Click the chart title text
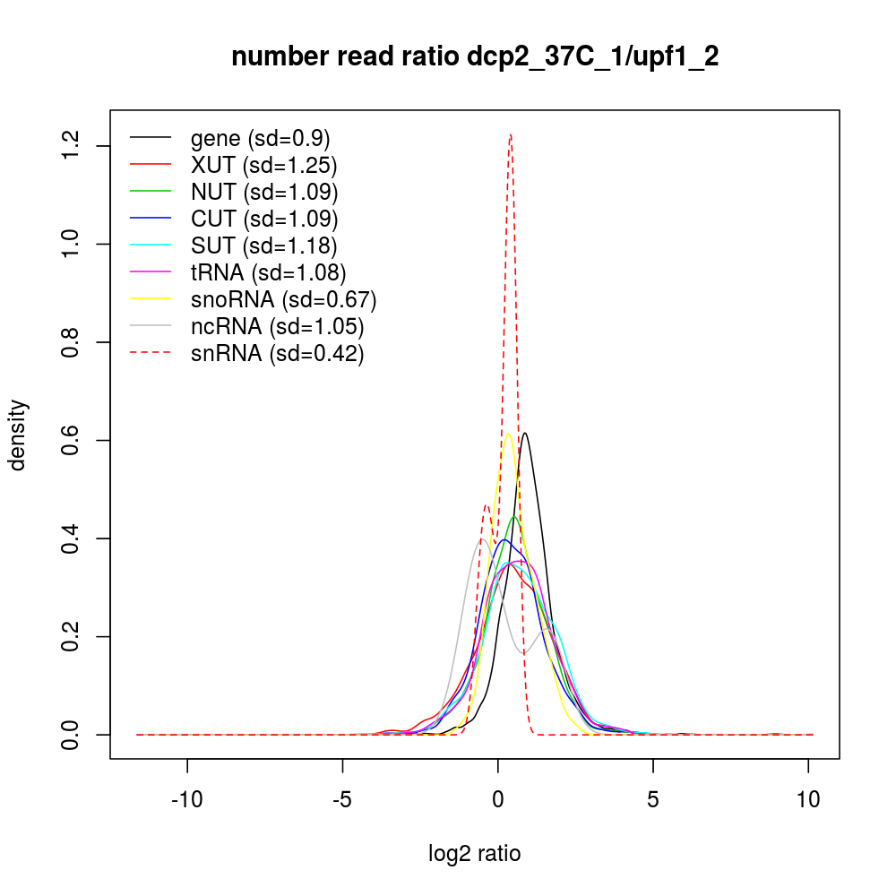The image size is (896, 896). (475, 56)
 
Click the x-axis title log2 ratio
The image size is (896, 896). (475, 853)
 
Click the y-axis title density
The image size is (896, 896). (19, 435)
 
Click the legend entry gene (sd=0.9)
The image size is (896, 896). (260, 138)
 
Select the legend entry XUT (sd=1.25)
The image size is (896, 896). (263, 165)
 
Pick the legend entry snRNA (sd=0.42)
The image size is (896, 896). (277, 353)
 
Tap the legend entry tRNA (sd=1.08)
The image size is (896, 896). (268, 272)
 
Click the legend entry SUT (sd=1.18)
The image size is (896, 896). (263, 246)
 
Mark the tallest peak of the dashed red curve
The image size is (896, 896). (510, 135)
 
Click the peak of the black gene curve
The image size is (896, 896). (525, 434)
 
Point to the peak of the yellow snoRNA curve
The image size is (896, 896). (508, 435)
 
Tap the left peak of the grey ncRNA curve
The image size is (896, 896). (481, 539)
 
